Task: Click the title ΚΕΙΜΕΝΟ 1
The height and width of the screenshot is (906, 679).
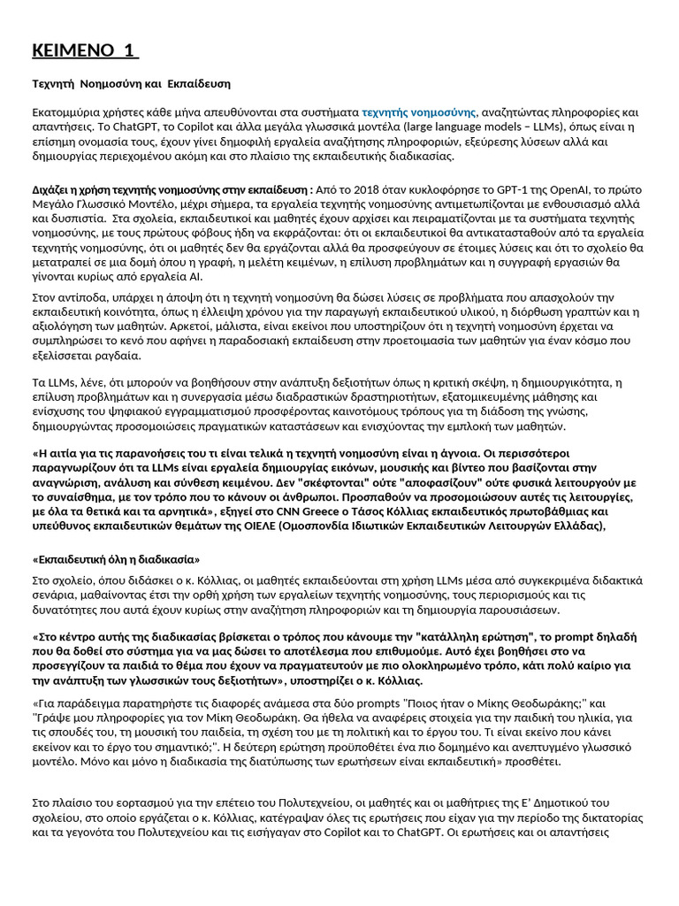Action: click(85, 50)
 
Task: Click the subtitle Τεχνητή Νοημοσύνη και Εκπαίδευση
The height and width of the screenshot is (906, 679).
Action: click(132, 83)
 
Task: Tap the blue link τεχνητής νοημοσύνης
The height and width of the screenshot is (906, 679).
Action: click(419, 112)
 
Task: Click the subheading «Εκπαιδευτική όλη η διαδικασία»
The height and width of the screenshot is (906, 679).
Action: click(116, 559)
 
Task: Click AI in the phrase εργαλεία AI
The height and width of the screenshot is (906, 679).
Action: click(194, 276)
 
